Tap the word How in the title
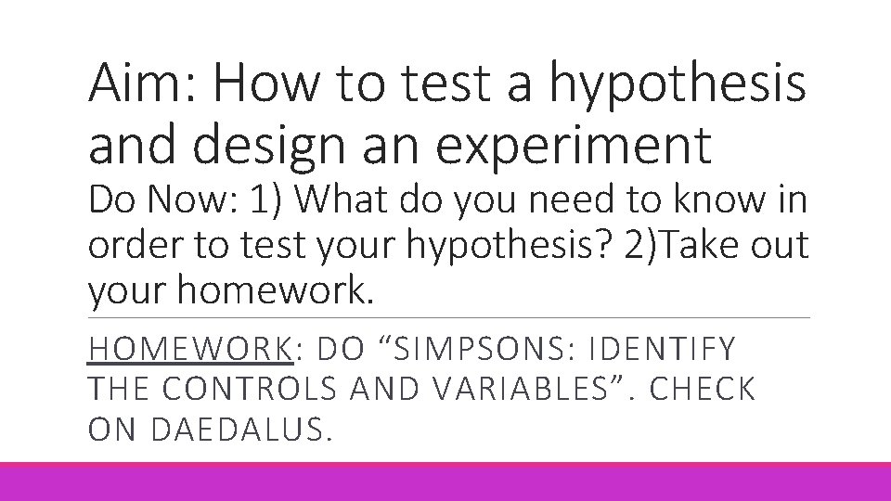pyautogui.click(x=270, y=85)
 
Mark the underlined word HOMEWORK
pyautogui.click(x=190, y=349)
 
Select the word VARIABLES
pyautogui.click(x=506, y=390)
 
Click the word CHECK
pyautogui.click(x=704, y=390)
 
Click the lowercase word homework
pyautogui.click(x=274, y=291)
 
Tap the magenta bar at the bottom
pyautogui.click(x=445, y=482)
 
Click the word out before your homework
pyautogui.click(x=774, y=248)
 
